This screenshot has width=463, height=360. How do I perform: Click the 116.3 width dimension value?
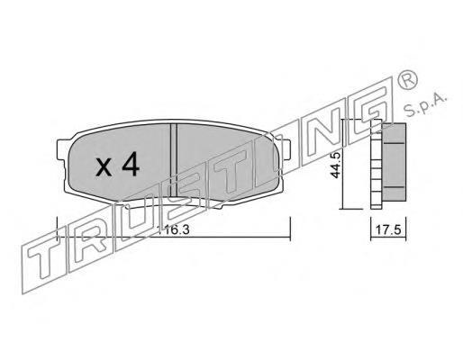click(174, 230)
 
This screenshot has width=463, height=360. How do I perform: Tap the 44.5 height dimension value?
click(335, 166)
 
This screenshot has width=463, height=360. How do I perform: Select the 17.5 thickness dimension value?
click(388, 230)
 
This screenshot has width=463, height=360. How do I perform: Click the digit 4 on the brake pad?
click(131, 164)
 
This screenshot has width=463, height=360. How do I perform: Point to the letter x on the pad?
click(104, 167)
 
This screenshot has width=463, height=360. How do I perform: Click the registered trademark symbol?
click(407, 79)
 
